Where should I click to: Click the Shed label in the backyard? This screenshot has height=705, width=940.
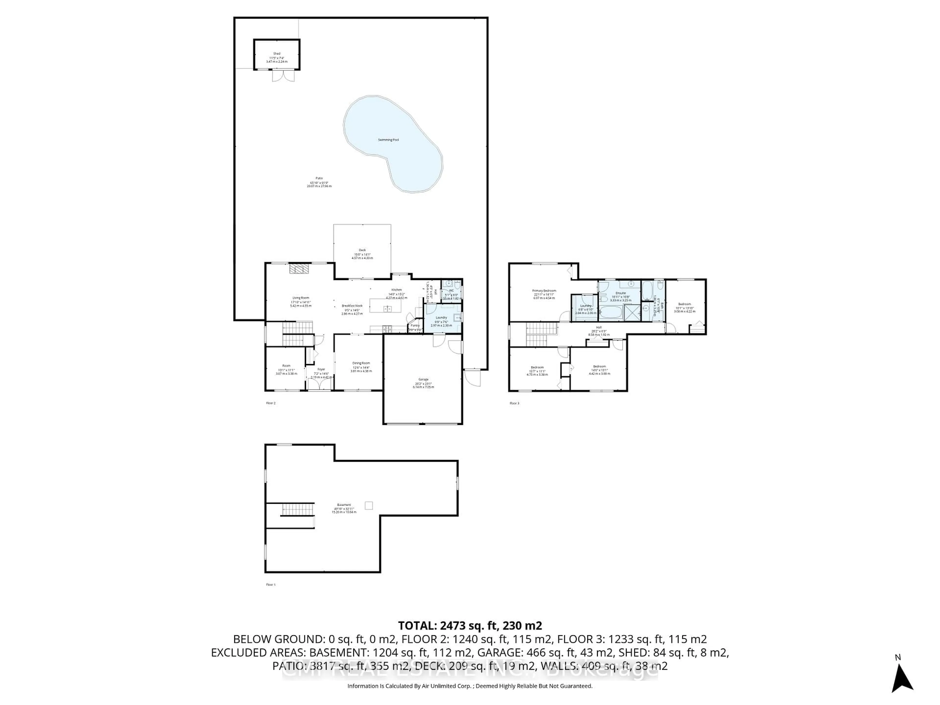[x=277, y=54]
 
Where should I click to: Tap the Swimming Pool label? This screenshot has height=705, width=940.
[x=388, y=140]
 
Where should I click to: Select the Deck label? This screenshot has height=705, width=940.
[x=362, y=250]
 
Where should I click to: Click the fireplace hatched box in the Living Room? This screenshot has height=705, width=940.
[x=300, y=269]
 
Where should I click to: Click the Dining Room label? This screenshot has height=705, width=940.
[x=361, y=363]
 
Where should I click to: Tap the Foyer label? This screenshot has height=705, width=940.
[x=321, y=370]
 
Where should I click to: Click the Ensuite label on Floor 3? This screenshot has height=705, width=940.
[x=621, y=293]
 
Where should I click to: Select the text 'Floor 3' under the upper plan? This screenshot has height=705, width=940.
[x=514, y=403]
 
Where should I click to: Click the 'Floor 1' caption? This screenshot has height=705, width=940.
[x=271, y=585]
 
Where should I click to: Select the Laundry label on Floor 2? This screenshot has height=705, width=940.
[x=441, y=317]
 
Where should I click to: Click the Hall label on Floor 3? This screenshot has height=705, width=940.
[x=599, y=328]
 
